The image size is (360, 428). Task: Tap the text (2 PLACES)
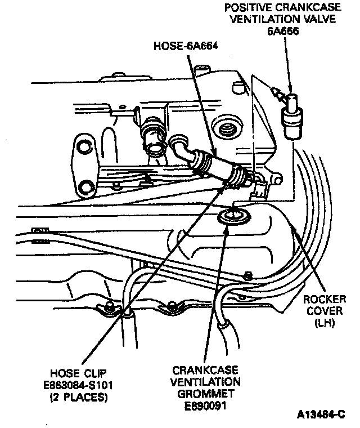click(79, 398)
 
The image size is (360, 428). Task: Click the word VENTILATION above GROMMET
click(205, 381)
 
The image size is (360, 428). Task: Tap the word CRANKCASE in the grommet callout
click(205, 370)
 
